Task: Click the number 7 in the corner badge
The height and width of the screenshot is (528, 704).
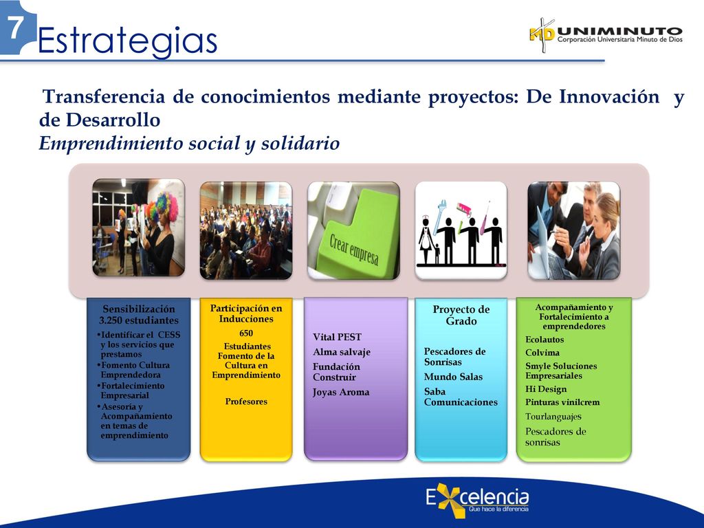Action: pos(15,27)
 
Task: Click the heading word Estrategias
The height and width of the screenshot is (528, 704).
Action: pos(127,41)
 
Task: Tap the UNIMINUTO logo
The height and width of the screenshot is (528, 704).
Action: pos(606,35)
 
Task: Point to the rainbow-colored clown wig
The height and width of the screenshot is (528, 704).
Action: pos(166,206)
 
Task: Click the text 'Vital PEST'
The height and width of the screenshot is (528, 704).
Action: pos(337,337)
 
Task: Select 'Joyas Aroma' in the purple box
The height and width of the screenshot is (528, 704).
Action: pos(341,392)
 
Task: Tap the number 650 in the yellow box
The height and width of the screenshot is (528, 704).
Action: pos(246,333)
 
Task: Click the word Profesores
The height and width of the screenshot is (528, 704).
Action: pos(246,401)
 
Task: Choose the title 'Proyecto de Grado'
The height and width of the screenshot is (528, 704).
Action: pos(461,315)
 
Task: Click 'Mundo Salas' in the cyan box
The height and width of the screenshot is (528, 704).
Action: pos(453,377)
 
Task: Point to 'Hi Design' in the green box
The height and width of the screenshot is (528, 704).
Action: pos(546,389)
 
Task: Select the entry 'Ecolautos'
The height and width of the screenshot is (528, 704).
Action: pos(544,340)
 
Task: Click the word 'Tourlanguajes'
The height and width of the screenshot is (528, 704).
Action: pos(553,417)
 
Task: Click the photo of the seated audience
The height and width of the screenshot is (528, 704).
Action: pos(246,230)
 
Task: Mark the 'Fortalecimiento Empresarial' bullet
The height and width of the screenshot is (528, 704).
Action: pos(131,390)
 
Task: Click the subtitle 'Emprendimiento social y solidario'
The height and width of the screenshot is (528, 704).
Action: pos(189,144)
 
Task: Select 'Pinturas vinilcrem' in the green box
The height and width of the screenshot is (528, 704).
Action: pos(562,402)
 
